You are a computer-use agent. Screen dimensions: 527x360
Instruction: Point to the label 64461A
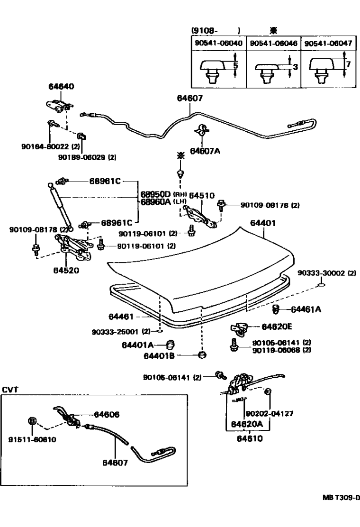[x=306, y=309]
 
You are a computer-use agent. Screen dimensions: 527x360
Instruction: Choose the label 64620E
[x=277, y=327]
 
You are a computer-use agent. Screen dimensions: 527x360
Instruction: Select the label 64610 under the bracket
[x=247, y=439]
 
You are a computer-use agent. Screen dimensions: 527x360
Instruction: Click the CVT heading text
[x=10, y=390]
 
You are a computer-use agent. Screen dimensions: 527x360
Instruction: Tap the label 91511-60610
[x=32, y=439]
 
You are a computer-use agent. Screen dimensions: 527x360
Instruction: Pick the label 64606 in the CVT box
[x=107, y=414]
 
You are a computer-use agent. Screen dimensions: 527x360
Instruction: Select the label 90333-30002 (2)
[x=327, y=273]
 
